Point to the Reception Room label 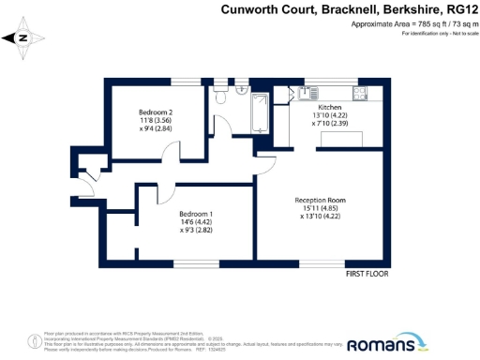pyautogui.click(x=321, y=200)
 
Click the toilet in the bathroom pyautogui.click(x=222, y=97)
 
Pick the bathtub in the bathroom pyautogui.click(x=259, y=111)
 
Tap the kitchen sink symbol pyautogui.click(x=307, y=92)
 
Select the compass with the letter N pyautogui.click(x=23, y=38)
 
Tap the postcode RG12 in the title pyautogui.click(x=458, y=10)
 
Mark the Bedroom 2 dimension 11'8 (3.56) pyautogui.click(x=157, y=121)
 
